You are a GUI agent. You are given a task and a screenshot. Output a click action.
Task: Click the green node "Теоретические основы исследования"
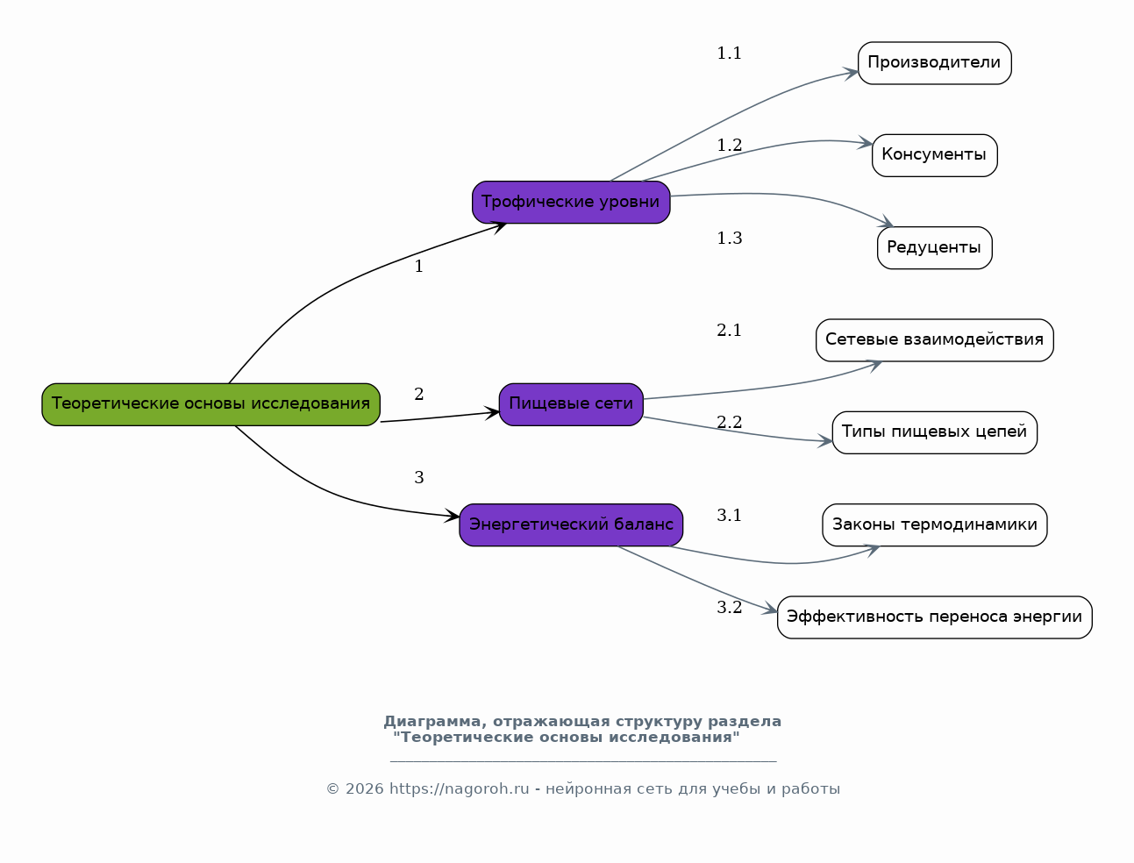(210, 404)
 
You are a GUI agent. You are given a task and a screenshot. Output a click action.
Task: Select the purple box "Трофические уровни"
(571, 202)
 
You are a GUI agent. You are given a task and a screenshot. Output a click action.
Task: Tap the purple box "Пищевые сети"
(571, 404)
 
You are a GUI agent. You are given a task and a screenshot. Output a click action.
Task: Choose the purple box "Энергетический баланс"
(571, 524)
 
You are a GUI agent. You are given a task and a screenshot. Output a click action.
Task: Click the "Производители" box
(935, 63)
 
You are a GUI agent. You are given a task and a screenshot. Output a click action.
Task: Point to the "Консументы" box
(935, 155)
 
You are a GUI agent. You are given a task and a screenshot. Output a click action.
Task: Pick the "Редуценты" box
(935, 248)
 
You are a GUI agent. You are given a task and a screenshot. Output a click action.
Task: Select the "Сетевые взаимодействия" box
(935, 340)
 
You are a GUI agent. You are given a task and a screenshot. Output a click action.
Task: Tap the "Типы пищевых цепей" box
(935, 432)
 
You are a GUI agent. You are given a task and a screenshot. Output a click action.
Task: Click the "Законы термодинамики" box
(935, 524)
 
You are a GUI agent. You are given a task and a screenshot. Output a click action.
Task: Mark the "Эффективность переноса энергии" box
(935, 617)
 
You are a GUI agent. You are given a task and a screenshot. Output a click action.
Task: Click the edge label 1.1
(729, 53)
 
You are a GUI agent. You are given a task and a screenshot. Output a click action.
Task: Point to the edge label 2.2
(729, 423)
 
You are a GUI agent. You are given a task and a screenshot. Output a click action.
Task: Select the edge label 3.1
(729, 515)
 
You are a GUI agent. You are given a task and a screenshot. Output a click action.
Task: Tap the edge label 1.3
(729, 238)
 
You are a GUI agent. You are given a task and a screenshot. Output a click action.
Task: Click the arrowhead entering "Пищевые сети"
(492, 413)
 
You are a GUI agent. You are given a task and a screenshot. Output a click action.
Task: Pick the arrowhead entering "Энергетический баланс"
(452, 516)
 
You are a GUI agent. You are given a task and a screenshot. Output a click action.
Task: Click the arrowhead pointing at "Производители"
(851, 74)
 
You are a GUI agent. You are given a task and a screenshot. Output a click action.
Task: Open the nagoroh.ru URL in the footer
(460, 788)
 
